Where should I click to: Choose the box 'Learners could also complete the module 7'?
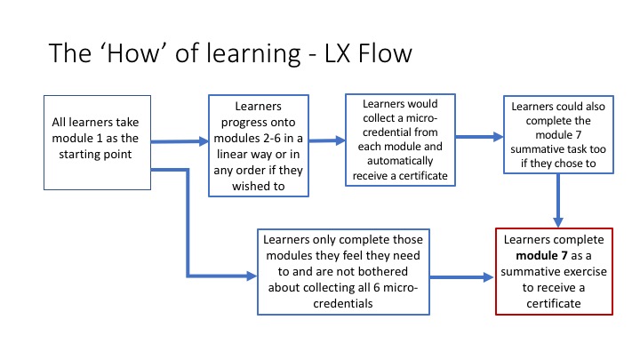556,135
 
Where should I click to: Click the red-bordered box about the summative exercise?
556,272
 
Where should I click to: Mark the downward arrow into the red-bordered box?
557,200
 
